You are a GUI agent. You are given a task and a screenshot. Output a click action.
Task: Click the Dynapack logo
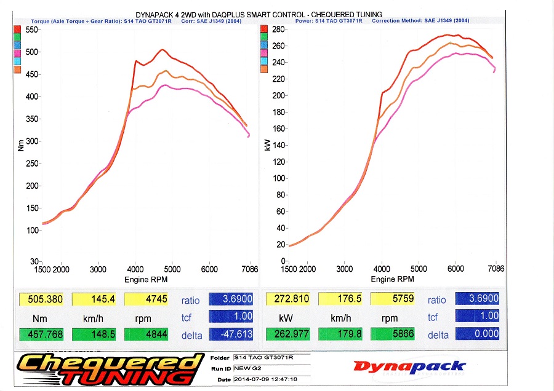(409, 367)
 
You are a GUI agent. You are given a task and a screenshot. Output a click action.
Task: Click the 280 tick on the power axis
(279, 30)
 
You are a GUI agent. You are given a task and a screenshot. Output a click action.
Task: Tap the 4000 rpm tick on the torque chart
(135, 269)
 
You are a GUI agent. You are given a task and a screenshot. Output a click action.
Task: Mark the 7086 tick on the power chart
(495, 269)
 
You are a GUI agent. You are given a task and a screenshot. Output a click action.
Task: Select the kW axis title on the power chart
(267, 146)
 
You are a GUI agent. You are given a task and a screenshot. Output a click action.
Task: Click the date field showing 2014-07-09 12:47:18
(265, 379)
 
